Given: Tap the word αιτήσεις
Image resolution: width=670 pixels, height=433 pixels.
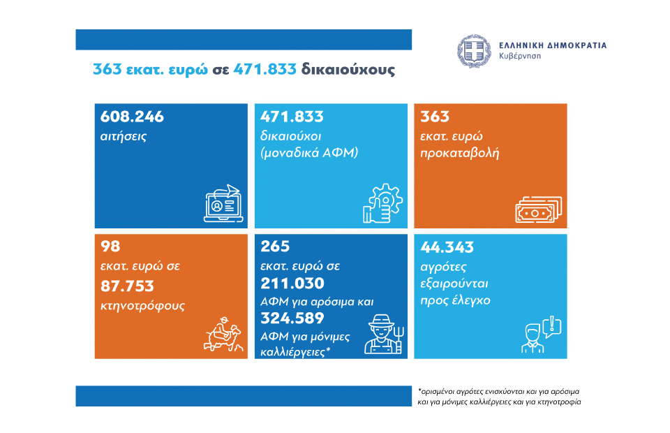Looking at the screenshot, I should click(x=123, y=136).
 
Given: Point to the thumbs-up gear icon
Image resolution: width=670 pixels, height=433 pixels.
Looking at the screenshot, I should click(x=382, y=204).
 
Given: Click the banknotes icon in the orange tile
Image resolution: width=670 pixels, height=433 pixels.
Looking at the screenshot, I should click(x=537, y=207).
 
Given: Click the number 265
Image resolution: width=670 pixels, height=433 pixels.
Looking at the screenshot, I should click(x=274, y=247).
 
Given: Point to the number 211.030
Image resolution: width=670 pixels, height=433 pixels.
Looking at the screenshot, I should click(x=292, y=284).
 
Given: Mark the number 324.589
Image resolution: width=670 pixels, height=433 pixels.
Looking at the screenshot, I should click(x=292, y=319).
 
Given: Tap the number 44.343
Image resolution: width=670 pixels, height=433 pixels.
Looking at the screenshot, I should click(x=447, y=247).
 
